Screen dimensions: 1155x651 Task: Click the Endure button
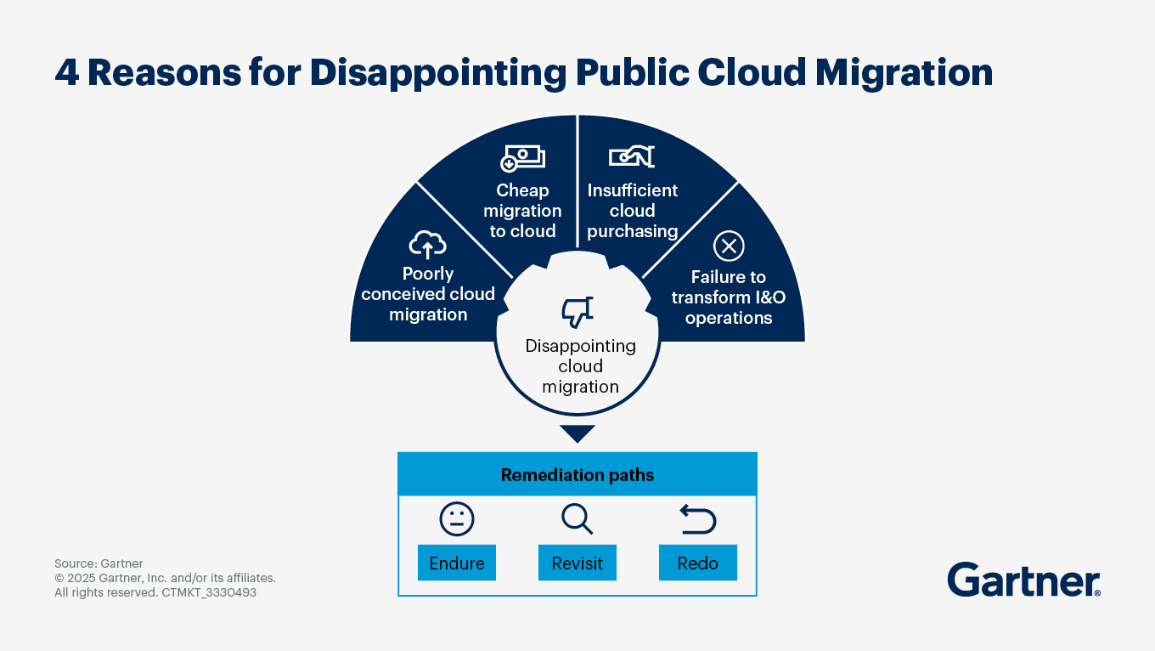456,563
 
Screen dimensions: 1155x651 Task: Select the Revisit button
577,563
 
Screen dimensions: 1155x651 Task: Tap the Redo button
697,563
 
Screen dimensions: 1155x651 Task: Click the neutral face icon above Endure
456,519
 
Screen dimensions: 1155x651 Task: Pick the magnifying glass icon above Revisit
577,519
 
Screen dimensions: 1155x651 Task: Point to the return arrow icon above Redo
698,519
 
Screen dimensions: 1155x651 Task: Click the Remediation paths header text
577,474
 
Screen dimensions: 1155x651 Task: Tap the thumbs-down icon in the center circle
577,312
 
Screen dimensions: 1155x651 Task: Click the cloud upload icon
427,245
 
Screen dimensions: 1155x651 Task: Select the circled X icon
729,246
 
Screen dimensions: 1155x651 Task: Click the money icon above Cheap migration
522,158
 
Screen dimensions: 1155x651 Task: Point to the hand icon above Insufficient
632,156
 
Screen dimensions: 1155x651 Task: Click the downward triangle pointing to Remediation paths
577,433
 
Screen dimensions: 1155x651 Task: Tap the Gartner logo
1024,580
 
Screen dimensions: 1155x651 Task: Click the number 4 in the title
67,72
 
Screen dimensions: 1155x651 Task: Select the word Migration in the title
904,73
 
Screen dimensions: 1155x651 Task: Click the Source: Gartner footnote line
99,563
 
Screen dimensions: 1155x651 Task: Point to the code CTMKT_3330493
209,592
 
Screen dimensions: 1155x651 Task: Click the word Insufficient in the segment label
632,190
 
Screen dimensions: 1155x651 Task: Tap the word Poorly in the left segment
428,274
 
